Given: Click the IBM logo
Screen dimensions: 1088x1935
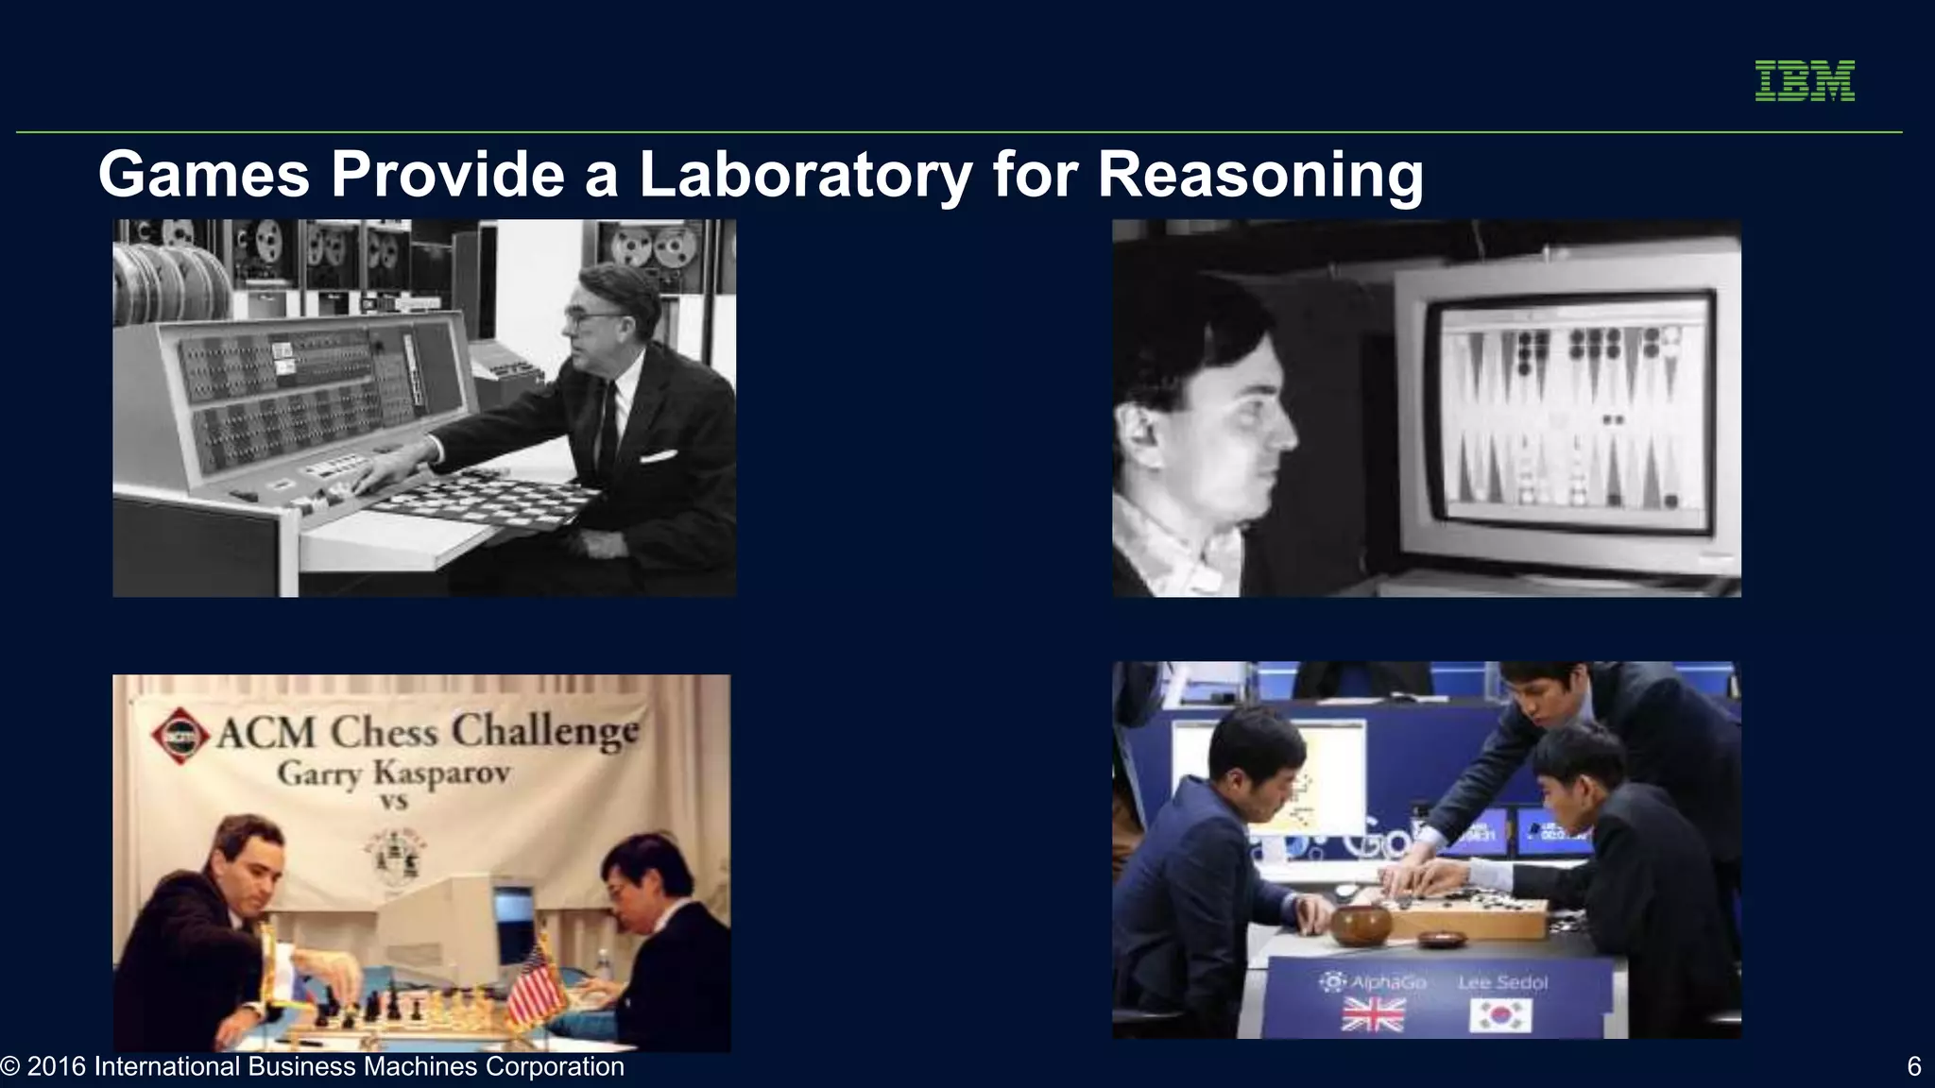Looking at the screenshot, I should [x=1805, y=80].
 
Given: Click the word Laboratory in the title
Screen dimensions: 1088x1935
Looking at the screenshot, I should [x=805, y=175].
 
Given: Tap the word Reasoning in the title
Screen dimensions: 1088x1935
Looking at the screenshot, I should [x=1259, y=175].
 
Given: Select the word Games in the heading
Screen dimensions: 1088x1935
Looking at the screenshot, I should [x=203, y=175].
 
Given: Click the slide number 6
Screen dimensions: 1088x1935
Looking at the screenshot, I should [x=1914, y=1066].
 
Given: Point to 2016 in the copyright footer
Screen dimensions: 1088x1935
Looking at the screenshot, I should [x=57, y=1066].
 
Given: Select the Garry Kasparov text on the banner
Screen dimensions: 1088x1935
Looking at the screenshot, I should [x=394, y=773].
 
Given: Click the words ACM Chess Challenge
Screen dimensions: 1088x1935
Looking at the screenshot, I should [x=427, y=732].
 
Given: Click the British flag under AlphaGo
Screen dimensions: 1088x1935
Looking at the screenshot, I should [x=1373, y=1015].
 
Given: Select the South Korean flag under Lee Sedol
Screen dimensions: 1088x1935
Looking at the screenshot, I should [x=1500, y=1016].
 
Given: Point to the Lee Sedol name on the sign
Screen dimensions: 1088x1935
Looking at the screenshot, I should [x=1502, y=982].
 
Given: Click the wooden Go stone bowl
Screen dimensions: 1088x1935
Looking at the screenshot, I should [x=1361, y=925].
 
